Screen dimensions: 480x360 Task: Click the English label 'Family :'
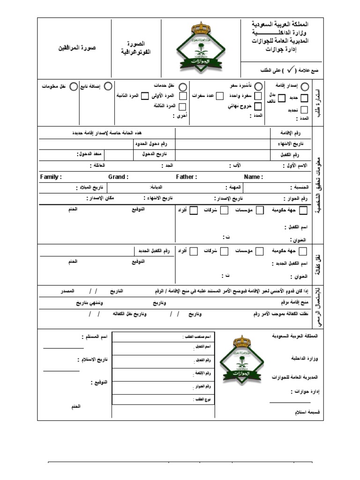[x=51, y=177]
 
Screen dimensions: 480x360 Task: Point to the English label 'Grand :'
[x=118, y=177]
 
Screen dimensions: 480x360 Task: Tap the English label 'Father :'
[x=186, y=177]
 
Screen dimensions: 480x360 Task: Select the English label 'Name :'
[x=253, y=177]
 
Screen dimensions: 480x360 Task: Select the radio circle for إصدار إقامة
[x=305, y=87]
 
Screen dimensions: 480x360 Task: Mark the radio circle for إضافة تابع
[x=108, y=86]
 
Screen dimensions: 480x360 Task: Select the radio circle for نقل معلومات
[x=73, y=87]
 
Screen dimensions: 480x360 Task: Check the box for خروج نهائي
[x=258, y=106]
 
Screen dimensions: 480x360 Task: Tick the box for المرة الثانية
[x=145, y=96]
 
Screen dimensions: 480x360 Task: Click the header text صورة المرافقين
[x=77, y=48]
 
